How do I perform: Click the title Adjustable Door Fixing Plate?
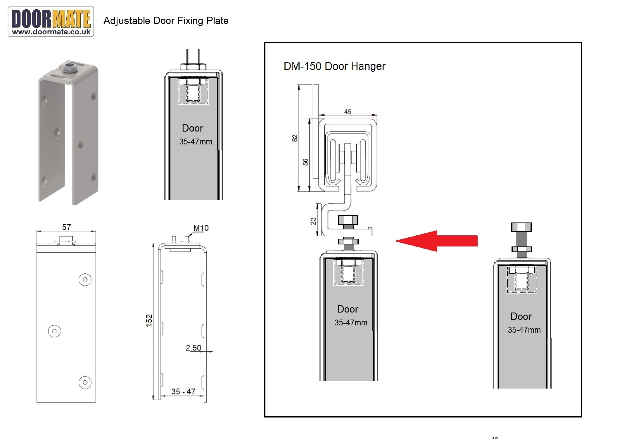point(166,21)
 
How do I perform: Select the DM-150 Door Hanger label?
point(334,66)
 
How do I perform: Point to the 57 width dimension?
point(66,227)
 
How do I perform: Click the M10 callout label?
point(201,228)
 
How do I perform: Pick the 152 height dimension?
point(149,320)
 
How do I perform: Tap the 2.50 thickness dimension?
point(194,348)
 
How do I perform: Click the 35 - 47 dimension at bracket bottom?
point(183,391)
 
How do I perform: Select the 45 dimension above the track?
point(348,112)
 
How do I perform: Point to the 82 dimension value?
point(295,138)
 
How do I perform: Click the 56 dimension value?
point(305,162)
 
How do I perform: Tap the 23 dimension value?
point(313,221)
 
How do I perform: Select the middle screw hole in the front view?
point(54,331)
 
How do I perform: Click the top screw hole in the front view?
point(85,280)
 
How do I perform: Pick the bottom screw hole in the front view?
point(85,382)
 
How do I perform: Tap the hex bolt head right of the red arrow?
point(521,227)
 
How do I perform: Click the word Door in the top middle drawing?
point(192,128)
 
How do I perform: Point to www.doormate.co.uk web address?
point(51,32)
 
